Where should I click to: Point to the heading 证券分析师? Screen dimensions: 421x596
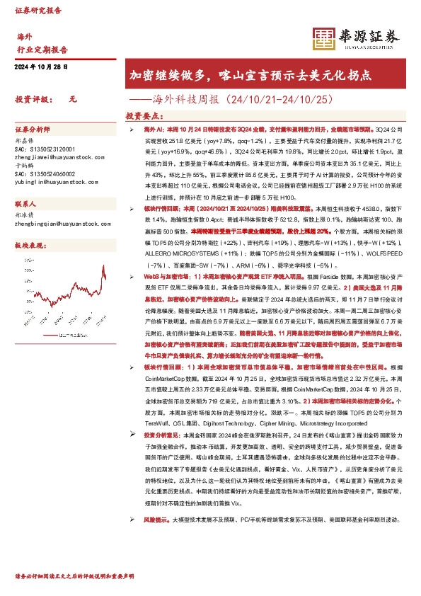(33, 131)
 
